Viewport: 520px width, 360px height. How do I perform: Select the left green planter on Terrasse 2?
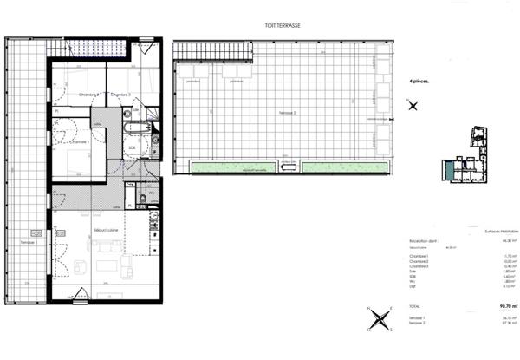coord(230,166)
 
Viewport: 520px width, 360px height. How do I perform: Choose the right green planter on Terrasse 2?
coord(340,166)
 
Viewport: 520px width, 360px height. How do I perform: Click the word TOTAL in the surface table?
coord(417,307)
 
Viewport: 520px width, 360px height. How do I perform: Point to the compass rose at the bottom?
coord(379,321)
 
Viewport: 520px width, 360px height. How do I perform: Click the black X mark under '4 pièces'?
coord(413,106)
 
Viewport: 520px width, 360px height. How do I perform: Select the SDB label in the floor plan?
coord(133,147)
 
